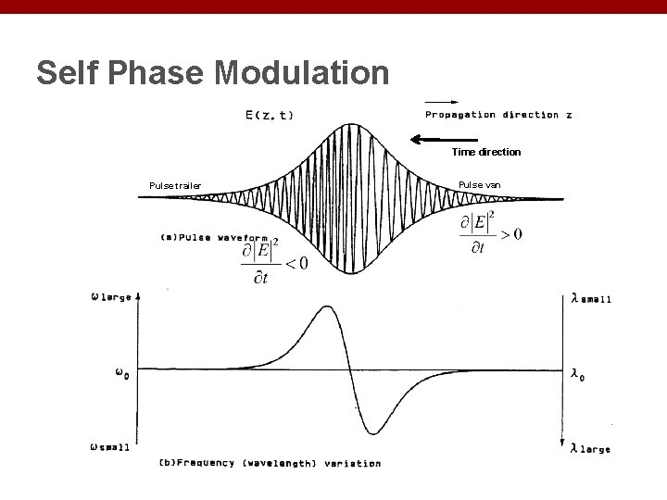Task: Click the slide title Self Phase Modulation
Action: tap(213, 72)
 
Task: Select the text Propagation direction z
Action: tap(498, 115)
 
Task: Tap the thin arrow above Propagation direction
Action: tap(441, 101)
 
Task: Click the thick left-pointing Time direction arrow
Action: tap(440, 140)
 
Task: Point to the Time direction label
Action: tap(485, 152)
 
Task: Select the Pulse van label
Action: tap(479, 185)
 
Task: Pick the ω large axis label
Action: tap(110, 297)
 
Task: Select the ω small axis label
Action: tap(110, 446)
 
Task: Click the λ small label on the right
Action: tap(591, 298)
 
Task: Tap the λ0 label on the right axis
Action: tap(579, 373)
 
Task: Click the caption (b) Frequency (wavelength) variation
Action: tap(270, 463)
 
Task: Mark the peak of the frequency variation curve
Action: tap(326, 307)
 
